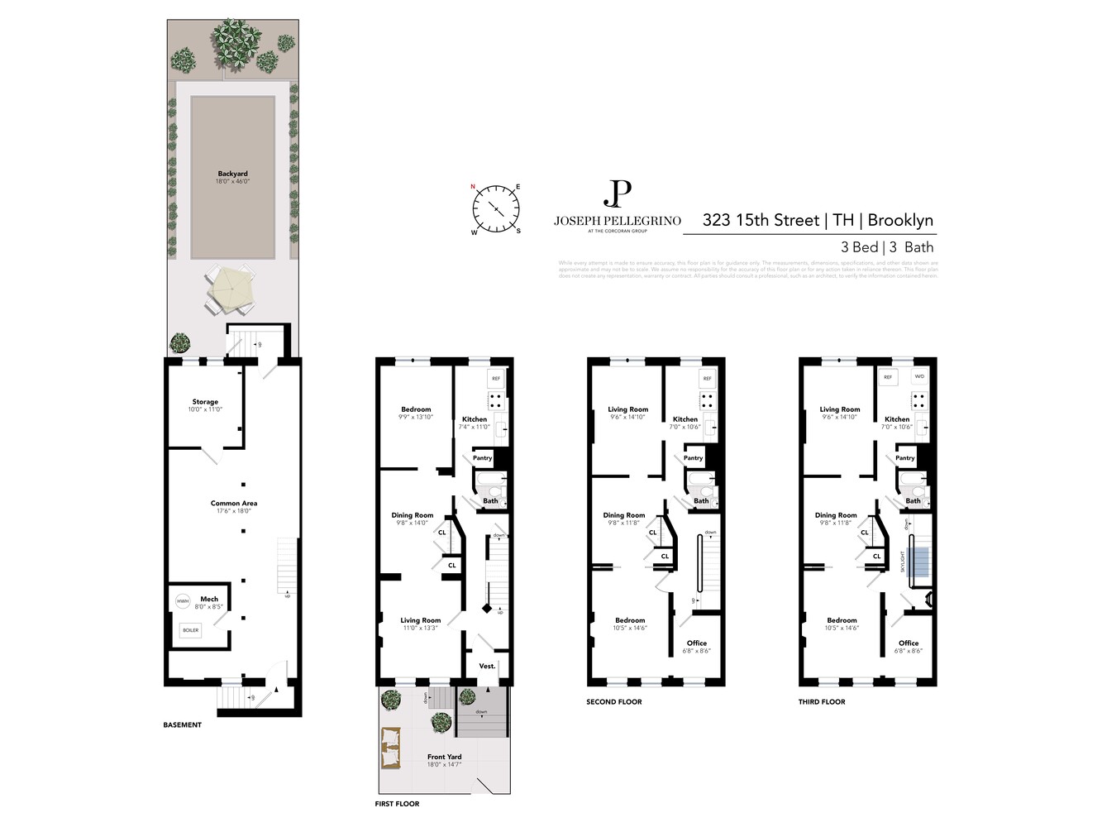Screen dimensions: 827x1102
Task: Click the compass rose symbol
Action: pos(496,209)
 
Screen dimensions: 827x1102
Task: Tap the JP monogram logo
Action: pos(617,194)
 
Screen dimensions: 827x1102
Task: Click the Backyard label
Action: pos(232,174)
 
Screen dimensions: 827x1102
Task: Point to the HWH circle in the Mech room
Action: pos(183,601)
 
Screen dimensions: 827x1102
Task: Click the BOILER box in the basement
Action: pos(191,630)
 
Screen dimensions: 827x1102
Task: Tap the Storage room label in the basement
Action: pos(205,402)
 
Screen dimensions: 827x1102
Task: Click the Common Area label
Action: pos(233,503)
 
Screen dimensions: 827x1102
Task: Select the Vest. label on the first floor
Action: pos(487,666)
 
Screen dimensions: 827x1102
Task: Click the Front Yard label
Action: pos(444,757)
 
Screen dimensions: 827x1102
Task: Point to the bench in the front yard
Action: pos(390,749)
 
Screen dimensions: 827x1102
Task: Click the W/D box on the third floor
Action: pos(919,376)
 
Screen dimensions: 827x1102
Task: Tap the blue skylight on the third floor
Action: pos(918,562)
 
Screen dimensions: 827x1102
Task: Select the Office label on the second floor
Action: pos(696,643)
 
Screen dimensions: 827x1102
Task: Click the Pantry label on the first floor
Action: pos(482,457)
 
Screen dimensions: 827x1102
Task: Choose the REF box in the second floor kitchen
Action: pos(707,378)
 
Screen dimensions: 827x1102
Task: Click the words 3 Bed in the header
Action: pos(859,247)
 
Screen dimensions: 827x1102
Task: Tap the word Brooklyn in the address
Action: pos(900,220)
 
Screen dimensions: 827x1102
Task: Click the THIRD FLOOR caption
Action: pos(821,702)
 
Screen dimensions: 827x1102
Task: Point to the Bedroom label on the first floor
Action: pos(416,409)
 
